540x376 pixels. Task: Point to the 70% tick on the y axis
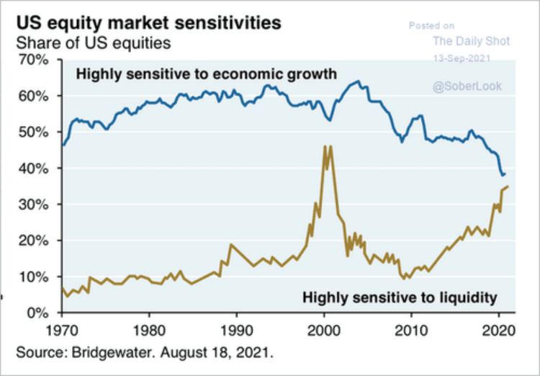coord(32,60)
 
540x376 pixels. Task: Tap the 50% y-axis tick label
coord(32,133)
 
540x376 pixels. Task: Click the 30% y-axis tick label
coord(32,205)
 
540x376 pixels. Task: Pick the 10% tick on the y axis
coord(32,277)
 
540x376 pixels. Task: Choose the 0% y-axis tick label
coord(36,313)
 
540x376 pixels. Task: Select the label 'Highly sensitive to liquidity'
coord(400,297)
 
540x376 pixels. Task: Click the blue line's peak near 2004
coord(358,81)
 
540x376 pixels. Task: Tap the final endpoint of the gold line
coord(508,187)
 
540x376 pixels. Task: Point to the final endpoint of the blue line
coord(505,174)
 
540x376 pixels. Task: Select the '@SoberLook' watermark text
coord(467,86)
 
